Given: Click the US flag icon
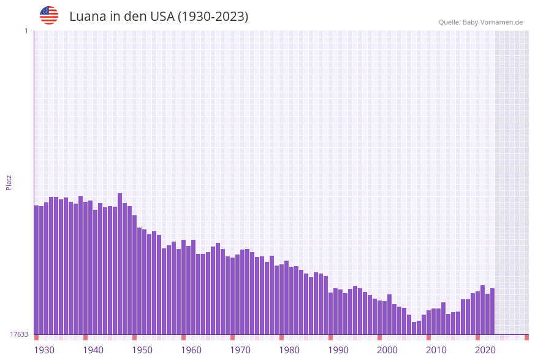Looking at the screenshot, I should [x=49, y=15].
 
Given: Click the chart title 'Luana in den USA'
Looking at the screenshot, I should [x=159, y=17].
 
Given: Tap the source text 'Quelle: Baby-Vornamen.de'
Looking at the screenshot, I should [x=480, y=22].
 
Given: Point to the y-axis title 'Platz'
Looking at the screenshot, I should [x=9, y=182].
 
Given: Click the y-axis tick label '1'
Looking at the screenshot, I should [x=26, y=31].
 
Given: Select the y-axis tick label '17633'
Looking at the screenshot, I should [x=19, y=334].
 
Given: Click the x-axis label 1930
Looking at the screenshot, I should [x=44, y=350].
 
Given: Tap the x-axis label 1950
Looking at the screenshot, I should [x=142, y=350].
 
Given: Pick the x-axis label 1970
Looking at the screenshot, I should [x=240, y=350].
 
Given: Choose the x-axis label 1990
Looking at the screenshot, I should [x=338, y=350].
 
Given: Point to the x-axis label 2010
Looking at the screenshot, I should [x=436, y=350].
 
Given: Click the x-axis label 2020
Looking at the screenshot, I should [x=485, y=350].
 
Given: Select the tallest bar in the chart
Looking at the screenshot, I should [x=120, y=264].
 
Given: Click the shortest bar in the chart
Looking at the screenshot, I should [x=414, y=328].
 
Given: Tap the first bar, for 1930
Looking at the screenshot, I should [x=37, y=270].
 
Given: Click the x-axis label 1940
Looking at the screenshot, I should [x=93, y=350].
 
